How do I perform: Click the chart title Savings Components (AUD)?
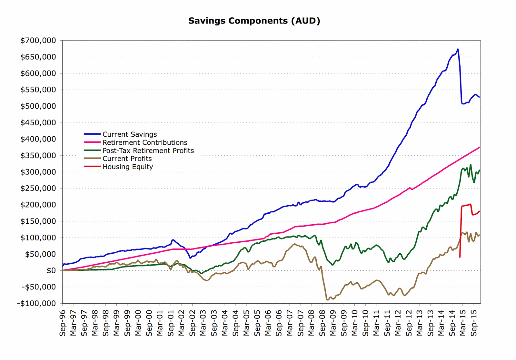pos(254,21)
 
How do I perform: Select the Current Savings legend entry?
pos(130,134)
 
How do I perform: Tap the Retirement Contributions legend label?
pos(145,142)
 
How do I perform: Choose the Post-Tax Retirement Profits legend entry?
pos(148,151)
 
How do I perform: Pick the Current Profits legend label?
pos(127,159)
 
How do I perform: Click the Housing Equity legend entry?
pos(128,167)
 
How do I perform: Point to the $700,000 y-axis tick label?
pos(38,41)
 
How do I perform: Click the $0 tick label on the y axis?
pos(51,271)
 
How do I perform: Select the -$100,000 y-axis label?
pos(36,304)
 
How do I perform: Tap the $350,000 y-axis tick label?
pos(38,156)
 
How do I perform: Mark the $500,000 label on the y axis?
pos(38,106)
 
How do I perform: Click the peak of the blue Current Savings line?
pos(458,49)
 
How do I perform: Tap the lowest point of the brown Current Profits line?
pos(327,300)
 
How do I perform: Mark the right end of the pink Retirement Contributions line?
pos(479,148)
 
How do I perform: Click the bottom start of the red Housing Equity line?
pos(460,257)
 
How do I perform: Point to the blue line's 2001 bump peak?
pos(173,239)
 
